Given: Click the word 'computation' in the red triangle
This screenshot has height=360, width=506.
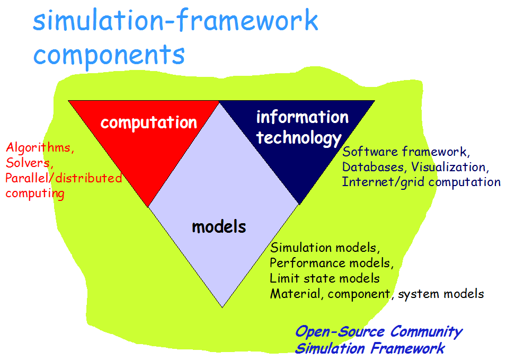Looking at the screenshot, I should pyautogui.click(x=148, y=122).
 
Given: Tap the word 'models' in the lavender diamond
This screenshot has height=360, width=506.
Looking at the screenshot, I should pyautogui.click(x=219, y=227).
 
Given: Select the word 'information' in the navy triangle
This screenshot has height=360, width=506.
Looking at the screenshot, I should pyautogui.click(x=302, y=117).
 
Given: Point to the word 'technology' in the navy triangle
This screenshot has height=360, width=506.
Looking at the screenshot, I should pyautogui.click(x=299, y=138).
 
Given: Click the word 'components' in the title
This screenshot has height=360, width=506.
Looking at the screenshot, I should pyautogui.click(x=109, y=54).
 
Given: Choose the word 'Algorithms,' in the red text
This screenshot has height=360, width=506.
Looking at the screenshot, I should pyautogui.click(x=40, y=148).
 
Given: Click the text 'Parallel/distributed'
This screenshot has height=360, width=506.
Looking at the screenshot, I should pyautogui.click(x=64, y=178).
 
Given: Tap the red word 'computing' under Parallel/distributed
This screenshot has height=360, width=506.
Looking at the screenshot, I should pyautogui.click(x=35, y=194).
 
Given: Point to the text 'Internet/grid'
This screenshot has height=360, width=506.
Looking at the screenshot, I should pyautogui.click(x=377, y=182).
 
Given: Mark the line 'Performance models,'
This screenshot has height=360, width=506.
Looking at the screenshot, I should pyautogui.click(x=332, y=263).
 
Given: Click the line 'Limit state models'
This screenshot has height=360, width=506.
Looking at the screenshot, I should pyautogui.click(x=324, y=278).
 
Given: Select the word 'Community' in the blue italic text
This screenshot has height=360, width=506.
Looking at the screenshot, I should pyautogui.click(x=427, y=332).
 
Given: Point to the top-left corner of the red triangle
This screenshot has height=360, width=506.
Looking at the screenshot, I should pyautogui.click(x=69, y=101).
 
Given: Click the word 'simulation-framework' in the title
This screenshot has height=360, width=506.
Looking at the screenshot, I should pyautogui.click(x=175, y=21).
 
